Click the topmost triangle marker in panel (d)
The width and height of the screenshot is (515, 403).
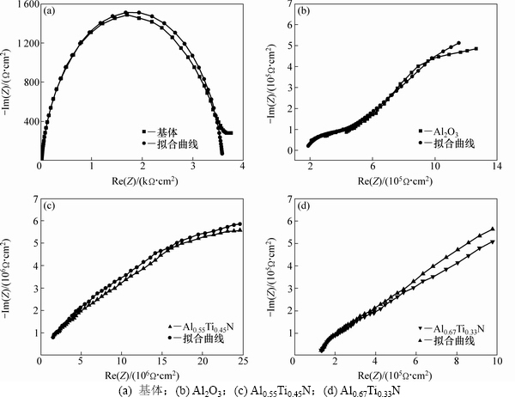tap(492, 229)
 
